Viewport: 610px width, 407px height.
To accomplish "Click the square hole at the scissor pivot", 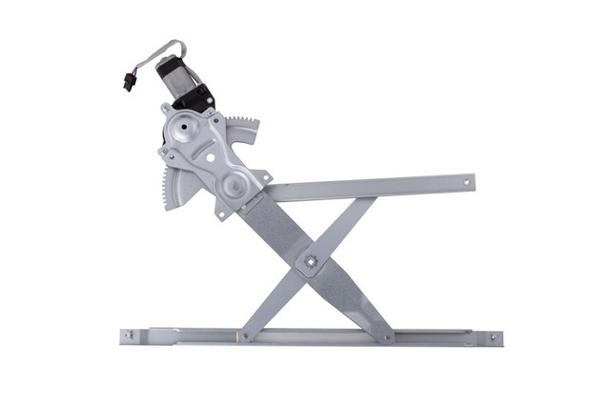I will tap(310, 259).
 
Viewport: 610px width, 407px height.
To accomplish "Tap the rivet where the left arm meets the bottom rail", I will tap(245, 336).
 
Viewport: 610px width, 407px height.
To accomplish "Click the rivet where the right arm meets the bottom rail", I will tap(385, 336).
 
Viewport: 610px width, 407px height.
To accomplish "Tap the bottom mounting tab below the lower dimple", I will tap(221, 213).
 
